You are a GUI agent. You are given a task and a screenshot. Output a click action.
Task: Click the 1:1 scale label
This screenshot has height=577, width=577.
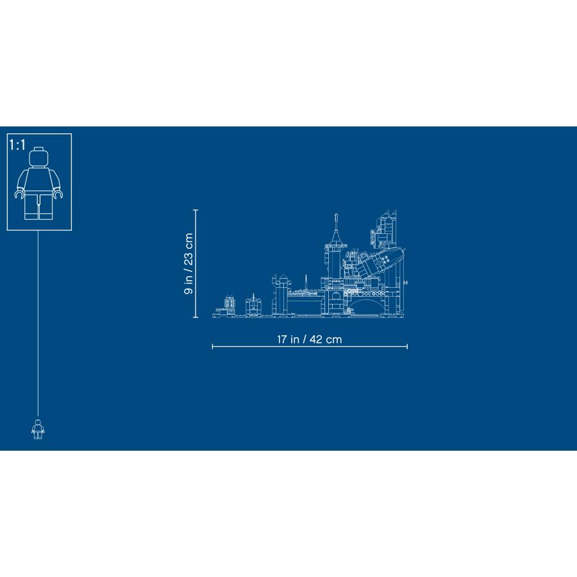pyautogui.click(x=17, y=145)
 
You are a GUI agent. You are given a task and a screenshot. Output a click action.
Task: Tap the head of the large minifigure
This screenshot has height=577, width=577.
pyautogui.click(x=38, y=157)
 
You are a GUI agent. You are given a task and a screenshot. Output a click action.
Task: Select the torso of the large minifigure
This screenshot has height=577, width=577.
pyautogui.click(x=38, y=180)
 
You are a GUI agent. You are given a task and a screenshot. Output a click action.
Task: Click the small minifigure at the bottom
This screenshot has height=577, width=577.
pyautogui.click(x=38, y=429)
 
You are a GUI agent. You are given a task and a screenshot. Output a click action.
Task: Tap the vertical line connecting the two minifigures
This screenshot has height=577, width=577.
pyautogui.click(x=38, y=324)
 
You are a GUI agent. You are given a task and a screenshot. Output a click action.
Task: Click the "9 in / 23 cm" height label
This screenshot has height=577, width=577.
pyautogui.click(x=188, y=263)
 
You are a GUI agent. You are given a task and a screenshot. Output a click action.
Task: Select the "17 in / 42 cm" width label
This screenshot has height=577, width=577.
pyautogui.click(x=310, y=339)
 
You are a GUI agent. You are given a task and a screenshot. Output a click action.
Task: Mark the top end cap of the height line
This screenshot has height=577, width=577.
pyautogui.click(x=196, y=210)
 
